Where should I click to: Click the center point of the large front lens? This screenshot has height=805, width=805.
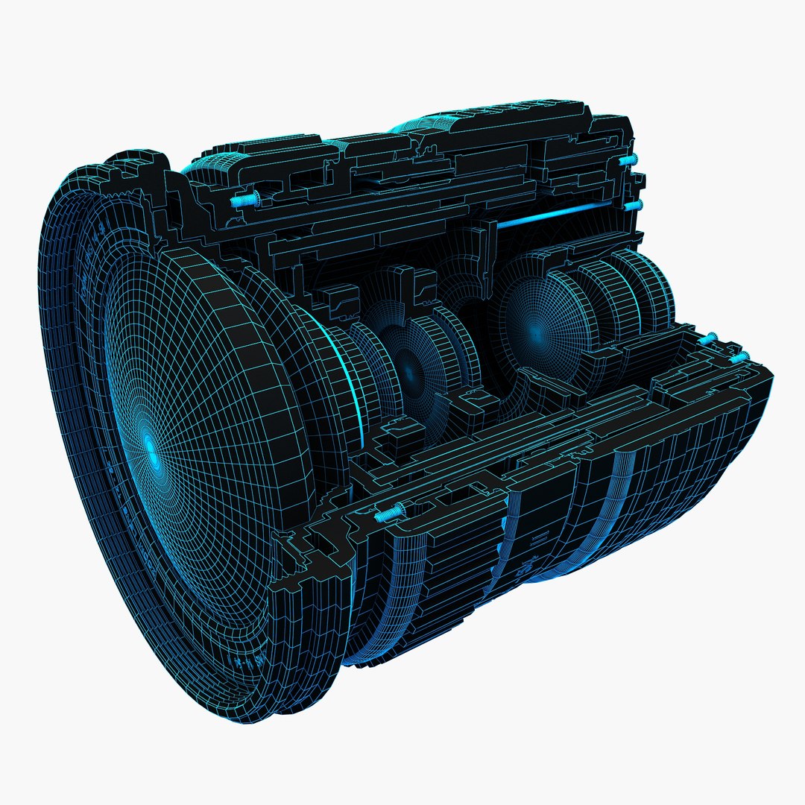[151, 447]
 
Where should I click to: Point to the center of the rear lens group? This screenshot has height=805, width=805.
[535, 328]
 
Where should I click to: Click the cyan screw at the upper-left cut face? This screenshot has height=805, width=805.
[244, 199]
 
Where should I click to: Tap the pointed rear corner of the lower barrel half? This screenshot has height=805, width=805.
[771, 376]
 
